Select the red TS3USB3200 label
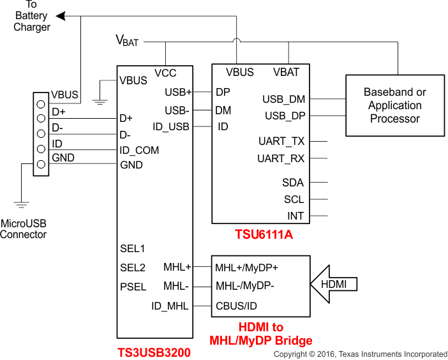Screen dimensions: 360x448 point(154,352)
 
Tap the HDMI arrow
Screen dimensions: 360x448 point(333,284)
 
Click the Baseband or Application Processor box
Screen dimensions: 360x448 point(395,105)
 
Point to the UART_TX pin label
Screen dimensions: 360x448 point(281,141)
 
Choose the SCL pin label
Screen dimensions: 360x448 point(294,199)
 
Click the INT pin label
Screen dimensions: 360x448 point(295,216)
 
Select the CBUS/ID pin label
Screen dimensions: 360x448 point(236,306)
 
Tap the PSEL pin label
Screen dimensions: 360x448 point(133,287)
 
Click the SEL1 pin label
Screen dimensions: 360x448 point(133,248)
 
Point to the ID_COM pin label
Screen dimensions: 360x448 point(139,150)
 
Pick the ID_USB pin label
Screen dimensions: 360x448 point(171,126)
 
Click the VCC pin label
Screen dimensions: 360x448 point(165,73)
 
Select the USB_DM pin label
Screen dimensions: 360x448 point(283,99)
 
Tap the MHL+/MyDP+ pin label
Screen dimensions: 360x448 point(246,267)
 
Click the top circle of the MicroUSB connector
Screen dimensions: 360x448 point(41,103)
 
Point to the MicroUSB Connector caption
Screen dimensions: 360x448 point(24,229)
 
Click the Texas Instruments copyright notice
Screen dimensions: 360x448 point(361,354)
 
